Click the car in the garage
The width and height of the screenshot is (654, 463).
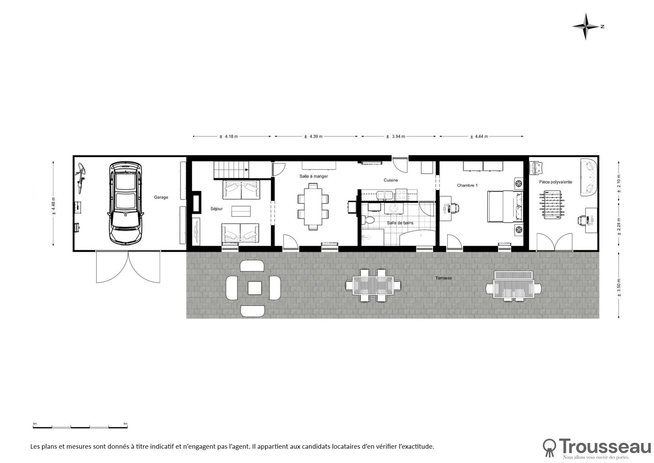[x=125, y=203]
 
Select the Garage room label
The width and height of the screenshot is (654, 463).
[x=161, y=197]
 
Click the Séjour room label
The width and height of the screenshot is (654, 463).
[x=217, y=209]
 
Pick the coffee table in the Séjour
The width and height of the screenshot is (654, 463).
[x=241, y=211]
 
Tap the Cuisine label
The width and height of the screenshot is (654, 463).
[x=391, y=180]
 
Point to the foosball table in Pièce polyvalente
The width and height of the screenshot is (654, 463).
[x=552, y=205]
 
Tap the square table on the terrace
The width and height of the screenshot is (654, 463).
[x=255, y=288]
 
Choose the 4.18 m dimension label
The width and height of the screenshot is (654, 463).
[x=228, y=136]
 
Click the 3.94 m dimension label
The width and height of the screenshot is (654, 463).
[x=395, y=136]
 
